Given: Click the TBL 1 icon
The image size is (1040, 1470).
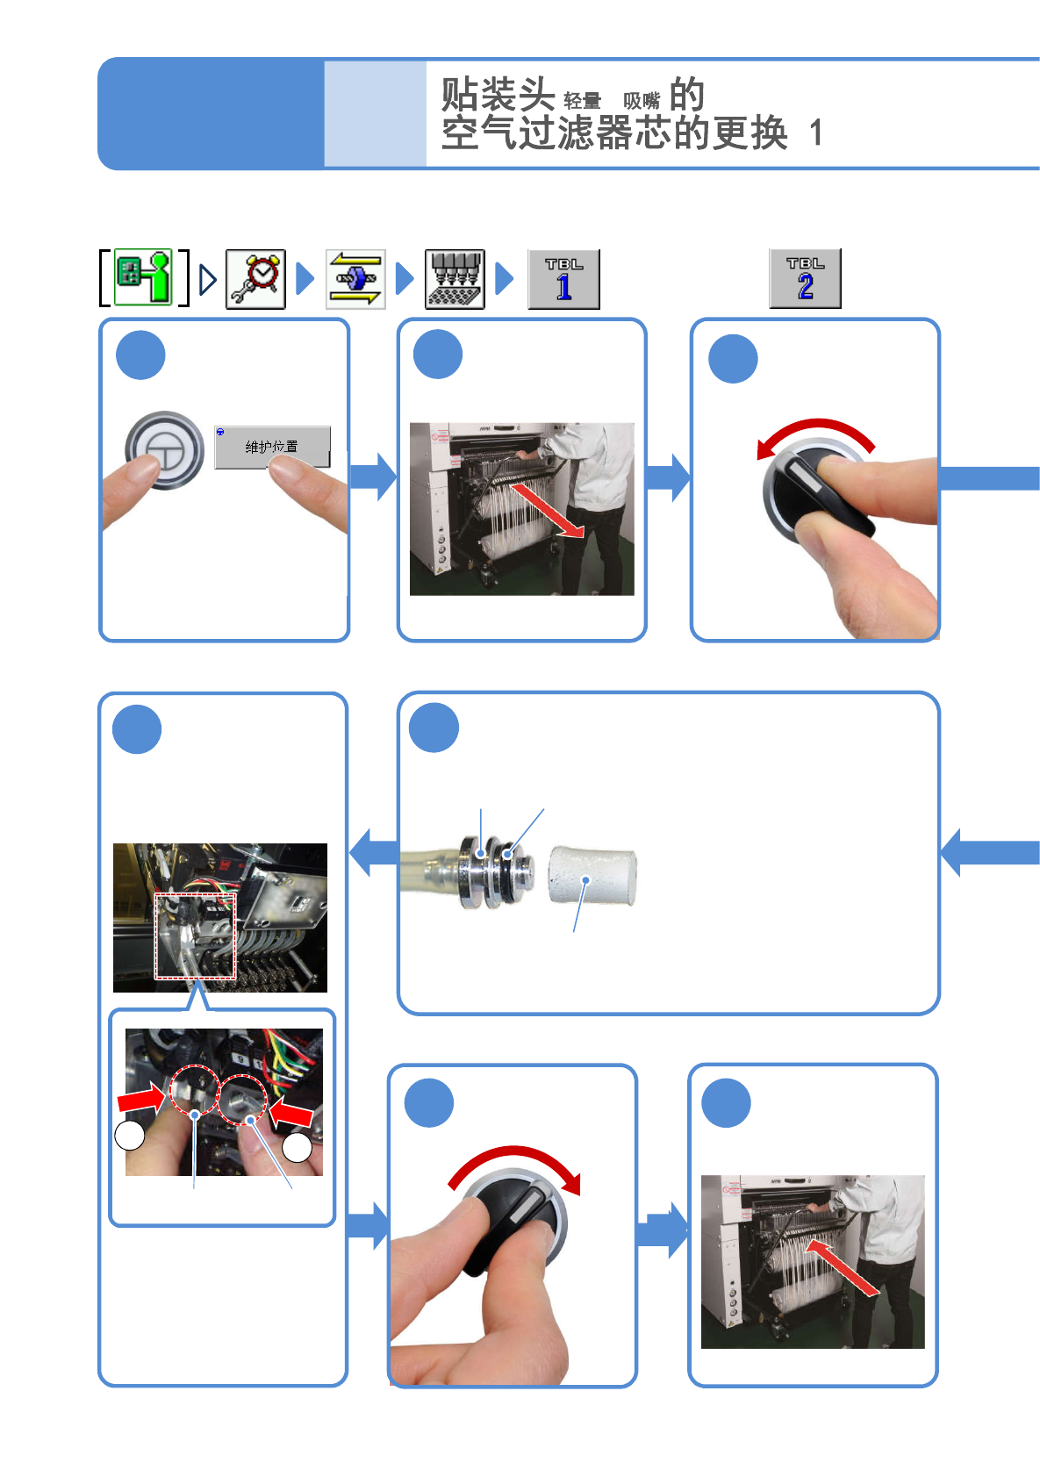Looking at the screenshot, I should (x=563, y=279).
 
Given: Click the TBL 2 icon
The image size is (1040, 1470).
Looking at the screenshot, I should (x=805, y=278).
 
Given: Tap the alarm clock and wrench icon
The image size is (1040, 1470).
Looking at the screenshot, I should (x=255, y=279).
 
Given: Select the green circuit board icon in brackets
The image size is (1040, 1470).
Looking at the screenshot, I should (x=144, y=277).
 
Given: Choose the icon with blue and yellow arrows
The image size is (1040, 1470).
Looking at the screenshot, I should (x=355, y=279).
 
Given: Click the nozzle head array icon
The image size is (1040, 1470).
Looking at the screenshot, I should (x=455, y=279).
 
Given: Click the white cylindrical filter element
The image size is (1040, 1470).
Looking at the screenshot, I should (x=592, y=875).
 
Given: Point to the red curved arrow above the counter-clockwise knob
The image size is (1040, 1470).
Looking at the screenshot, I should (x=816, y=433).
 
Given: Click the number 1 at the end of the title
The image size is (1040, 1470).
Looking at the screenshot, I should (x=816, y=133).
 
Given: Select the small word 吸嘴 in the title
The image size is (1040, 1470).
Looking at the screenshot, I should (x=641, y=101).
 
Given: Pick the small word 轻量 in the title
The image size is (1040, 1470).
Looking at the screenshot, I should (x=582, y=101).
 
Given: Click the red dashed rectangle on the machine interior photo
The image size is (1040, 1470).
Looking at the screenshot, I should (x=196, y=936).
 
